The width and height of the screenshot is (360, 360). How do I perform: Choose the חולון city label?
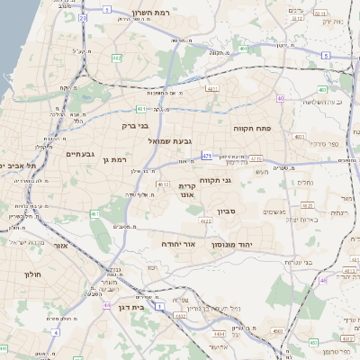pyautogui.click(x=26, y=271)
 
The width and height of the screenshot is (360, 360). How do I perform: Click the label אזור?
pyautogui.click(x=61, y=245)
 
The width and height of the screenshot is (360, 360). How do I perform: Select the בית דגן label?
pyautogui.click(x=132, y=307)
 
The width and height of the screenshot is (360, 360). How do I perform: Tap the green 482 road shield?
pyautogui.click(x=117, y=58)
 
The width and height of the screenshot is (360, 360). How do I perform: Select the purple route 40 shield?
pyautogui.click(x=282, y=98)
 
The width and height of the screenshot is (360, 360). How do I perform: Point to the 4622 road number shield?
pyautogui.click(x=205, y=219)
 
